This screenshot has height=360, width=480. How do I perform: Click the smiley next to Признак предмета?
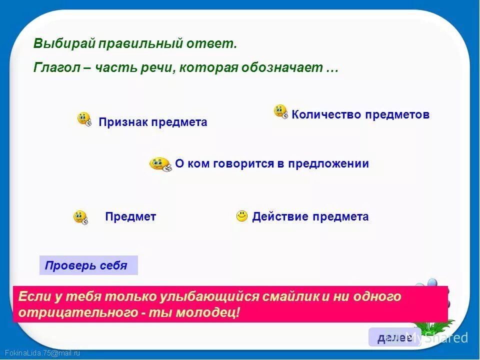[84, 119]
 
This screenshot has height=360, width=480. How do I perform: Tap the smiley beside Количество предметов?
[280, 111]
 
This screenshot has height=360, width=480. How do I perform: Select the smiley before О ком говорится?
[160, 163]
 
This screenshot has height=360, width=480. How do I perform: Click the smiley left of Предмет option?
[80, 217]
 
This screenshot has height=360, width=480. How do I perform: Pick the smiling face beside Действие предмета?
[242, 216]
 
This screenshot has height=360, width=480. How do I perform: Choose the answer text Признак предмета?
[152, 122]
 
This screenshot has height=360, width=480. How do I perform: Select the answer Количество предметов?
[360, 114]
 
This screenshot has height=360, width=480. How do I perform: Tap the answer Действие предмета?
[310, 216]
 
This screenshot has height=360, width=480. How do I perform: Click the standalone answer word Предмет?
[130, 216]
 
